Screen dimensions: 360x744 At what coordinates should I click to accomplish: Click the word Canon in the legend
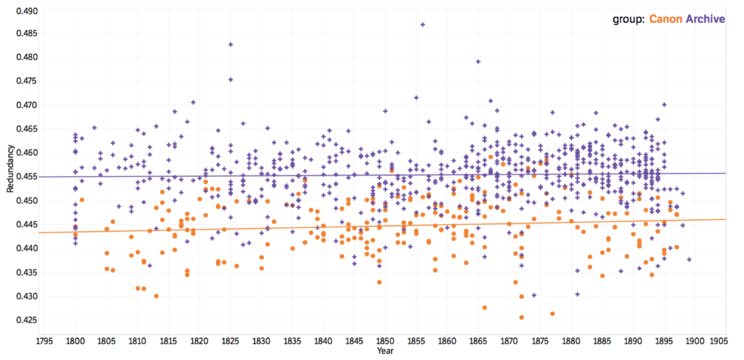pyautogui.click(x=665, y=19)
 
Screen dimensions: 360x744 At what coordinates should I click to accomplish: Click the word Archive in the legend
pyautogui.click(x=705, y=19)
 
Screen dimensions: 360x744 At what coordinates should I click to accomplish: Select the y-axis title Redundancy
pyautogui.click(x=10, y=169)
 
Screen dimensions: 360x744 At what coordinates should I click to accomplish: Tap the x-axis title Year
pyautogui.click(x=385, y=351)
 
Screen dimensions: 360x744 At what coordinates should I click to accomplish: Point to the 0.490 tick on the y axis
pyautogui.click(x=27, y=11)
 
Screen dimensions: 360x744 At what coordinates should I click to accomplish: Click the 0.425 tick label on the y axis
pyautogui.click(x=27, y=320)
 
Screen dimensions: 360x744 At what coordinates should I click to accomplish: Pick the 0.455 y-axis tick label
pyautogui.click(x=27, y=176)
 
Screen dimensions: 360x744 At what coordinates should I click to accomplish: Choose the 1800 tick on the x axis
pyautogui.click(x=75, y=341)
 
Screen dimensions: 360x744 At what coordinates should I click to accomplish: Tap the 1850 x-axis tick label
pyautogui.click(x=385, y=341)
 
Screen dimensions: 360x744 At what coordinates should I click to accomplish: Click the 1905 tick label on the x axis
pyautogui.click(x=718, y=341)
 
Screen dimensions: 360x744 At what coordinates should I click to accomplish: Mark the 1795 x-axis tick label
pyautogui.click(x=44, y=341)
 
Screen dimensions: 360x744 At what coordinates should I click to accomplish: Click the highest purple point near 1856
pyautogui.click(x=423, y=25)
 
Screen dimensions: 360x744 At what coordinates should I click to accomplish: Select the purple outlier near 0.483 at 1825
pyautogui.click(x=231, y=44)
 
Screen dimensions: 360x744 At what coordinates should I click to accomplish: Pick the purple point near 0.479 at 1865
pyautogui.click(x=478, y=61)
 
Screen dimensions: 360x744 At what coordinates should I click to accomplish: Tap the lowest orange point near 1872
pyautogui.click(x=521, y=317)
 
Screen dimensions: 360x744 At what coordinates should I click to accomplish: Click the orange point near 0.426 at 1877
pyautogui.click(x=552, y=314)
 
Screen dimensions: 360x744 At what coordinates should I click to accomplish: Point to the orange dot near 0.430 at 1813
pyautogui.click(x=156, y=296)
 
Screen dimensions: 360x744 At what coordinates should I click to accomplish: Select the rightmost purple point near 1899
pyautogui.click(x=689, y=259)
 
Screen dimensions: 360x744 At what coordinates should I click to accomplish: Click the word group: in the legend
pyautogui.click(x=629, y=19)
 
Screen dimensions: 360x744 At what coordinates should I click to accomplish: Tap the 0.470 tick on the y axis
pyautogui.click(x=27, y=105)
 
